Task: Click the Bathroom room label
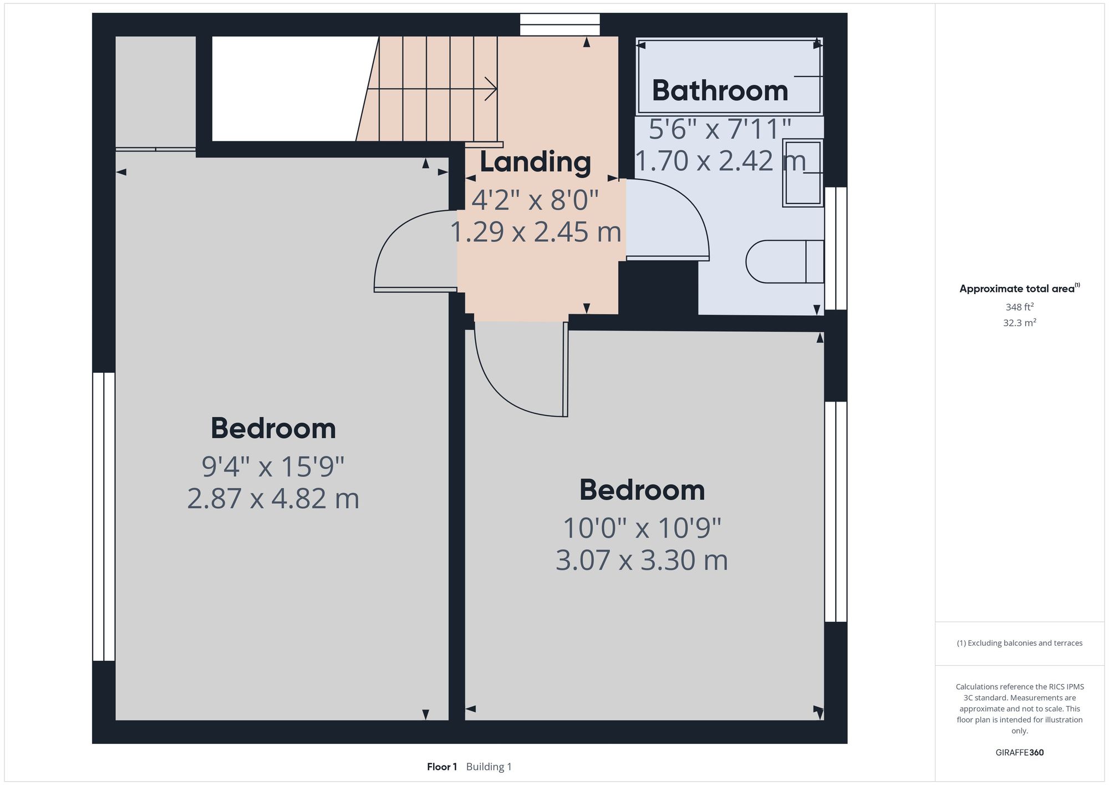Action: point(720,91)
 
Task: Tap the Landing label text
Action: point(535,162)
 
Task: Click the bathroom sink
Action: point(802,173)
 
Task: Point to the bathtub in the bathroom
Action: point(729,76)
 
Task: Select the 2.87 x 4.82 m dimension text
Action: point(273,498)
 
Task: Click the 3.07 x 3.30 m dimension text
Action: point(642,560)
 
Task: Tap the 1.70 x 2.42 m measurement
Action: point(720,161)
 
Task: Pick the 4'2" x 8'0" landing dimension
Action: point(535,200)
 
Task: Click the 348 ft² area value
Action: point(1019,307)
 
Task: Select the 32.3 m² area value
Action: point(1019,322)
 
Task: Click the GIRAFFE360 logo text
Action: point(1019,752)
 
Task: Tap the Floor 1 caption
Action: point(441,767)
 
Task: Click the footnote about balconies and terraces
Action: point(1019,643)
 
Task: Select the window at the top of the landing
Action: point(559,25)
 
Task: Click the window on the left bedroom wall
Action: point(104,516)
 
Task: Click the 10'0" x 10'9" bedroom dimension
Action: point(642,528)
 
